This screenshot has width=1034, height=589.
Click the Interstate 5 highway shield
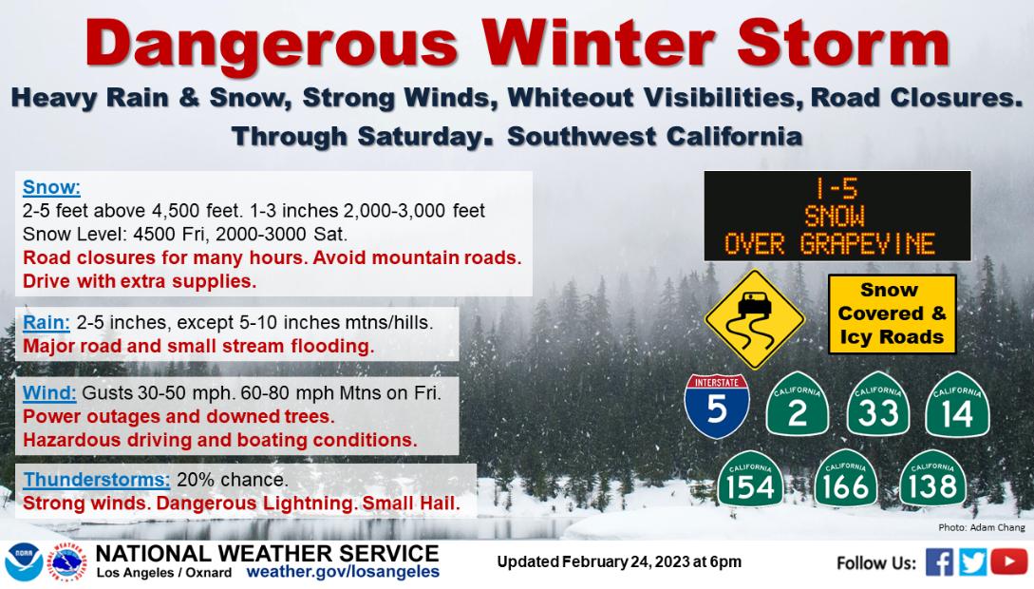pos(717,407)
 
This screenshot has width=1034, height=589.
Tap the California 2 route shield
pos(798,404)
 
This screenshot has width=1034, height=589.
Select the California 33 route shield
pos(877,404)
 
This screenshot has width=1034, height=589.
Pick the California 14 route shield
pos(957,404)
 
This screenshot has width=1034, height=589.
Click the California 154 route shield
pos(750,480)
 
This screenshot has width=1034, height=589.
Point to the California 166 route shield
pos(846,480)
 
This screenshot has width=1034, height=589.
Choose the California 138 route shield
pos(932,480)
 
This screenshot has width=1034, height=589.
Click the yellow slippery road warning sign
pos(755,320)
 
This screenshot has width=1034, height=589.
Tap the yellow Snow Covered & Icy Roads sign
pos(892,313)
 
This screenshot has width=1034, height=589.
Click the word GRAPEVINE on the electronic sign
pos(867,244)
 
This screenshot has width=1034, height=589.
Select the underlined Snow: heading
pos(51,187)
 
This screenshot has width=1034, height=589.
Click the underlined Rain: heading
pos(47,323)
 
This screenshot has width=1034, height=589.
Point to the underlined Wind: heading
pos(49,393)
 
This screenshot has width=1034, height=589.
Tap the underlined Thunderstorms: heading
pos(96,480)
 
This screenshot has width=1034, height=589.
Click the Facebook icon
pos(939,562)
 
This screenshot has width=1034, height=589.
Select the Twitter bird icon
pos(973,562)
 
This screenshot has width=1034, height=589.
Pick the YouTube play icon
pos(1009,562)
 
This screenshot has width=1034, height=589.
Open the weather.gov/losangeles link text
pos(343,572)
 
